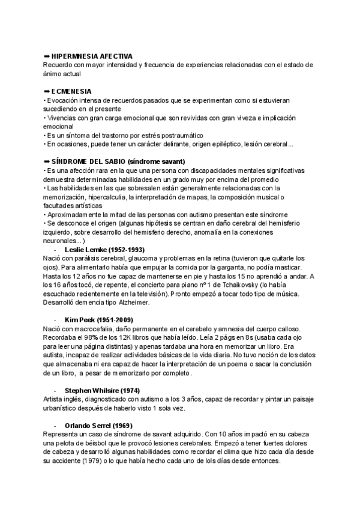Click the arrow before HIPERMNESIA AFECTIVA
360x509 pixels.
pyautogui.click(x=47, y=56)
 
